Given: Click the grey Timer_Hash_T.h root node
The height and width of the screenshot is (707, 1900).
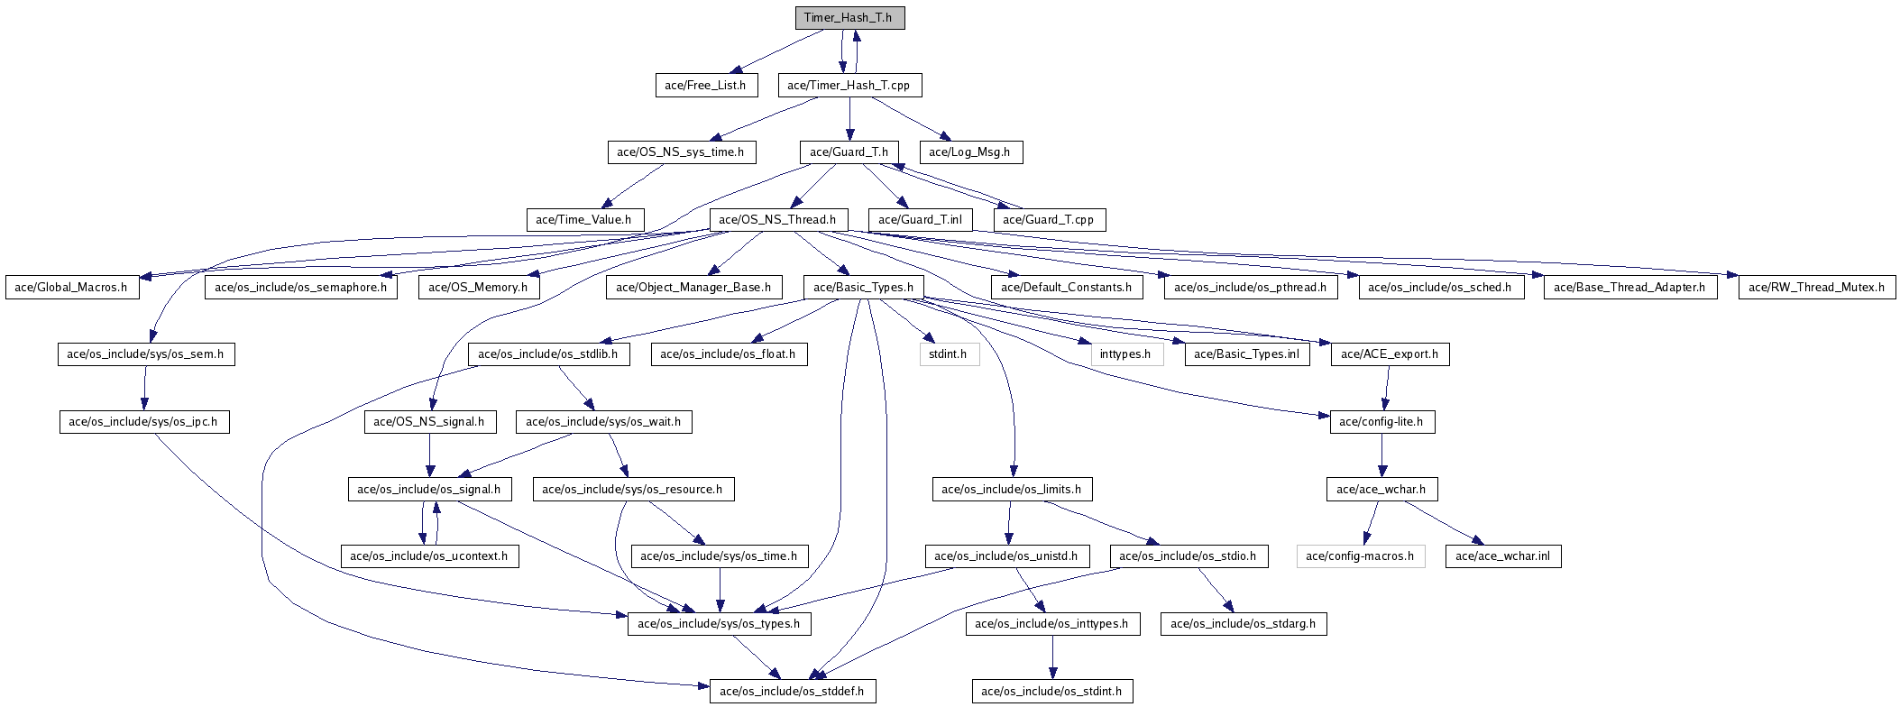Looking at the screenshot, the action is click(849, 18).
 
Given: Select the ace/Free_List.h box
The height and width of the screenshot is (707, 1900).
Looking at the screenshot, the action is click(705, 86).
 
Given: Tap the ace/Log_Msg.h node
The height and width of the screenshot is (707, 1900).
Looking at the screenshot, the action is click(970, 152).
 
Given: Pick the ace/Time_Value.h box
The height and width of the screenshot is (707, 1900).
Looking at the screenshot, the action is click(584, 219).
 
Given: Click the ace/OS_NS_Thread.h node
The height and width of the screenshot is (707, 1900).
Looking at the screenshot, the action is click(778, 219).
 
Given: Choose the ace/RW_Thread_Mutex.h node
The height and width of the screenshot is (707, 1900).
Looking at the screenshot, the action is click(1816, 288).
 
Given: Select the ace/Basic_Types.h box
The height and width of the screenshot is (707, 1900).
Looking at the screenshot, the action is click(863, 288).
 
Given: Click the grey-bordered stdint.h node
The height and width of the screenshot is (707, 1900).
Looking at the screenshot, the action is click(948, 354).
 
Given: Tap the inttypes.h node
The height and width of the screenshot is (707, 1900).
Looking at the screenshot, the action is click(1125, 354).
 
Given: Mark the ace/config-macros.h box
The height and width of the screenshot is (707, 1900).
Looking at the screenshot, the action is click(1360, 556).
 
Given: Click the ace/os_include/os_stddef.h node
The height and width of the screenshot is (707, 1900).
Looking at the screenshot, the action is click(792, 692).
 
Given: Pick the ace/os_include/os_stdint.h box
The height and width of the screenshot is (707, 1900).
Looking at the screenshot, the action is click(1051, 692).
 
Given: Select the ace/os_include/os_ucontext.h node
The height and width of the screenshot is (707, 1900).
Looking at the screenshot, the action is click(428, 556).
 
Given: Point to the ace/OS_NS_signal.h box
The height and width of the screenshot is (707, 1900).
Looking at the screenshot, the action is click(429, 421).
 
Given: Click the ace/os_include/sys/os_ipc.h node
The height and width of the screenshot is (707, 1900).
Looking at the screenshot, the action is click(144, 421).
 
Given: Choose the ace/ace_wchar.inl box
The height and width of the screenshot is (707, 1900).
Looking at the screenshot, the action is click(1502, 556).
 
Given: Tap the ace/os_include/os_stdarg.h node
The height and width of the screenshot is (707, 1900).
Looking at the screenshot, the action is click(1243, 623).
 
